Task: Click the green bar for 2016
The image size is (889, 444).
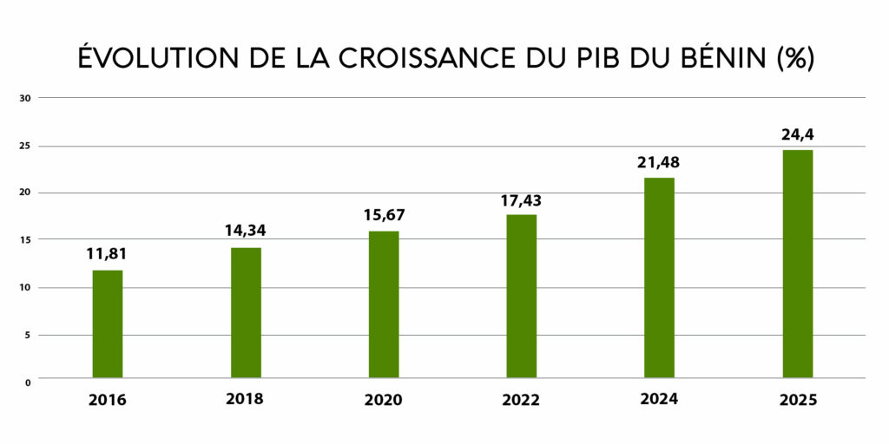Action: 107,324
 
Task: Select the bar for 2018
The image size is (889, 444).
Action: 246,313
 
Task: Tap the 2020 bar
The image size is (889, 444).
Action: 384,304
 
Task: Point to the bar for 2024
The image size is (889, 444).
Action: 659,277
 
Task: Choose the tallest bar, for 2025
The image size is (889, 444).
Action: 797,264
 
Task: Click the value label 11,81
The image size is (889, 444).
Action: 107,254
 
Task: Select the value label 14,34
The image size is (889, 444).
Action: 246,232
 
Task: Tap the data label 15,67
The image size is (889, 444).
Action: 384,215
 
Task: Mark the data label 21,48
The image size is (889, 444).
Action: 659,162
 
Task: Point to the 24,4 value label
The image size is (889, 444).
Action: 797,134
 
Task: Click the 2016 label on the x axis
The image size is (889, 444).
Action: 107,401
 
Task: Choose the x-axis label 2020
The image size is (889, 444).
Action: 384,401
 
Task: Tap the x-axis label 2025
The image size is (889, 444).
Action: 797,401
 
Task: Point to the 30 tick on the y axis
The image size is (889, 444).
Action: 25,98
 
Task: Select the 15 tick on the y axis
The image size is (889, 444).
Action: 25,240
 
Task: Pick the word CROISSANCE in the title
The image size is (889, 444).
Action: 408,58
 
